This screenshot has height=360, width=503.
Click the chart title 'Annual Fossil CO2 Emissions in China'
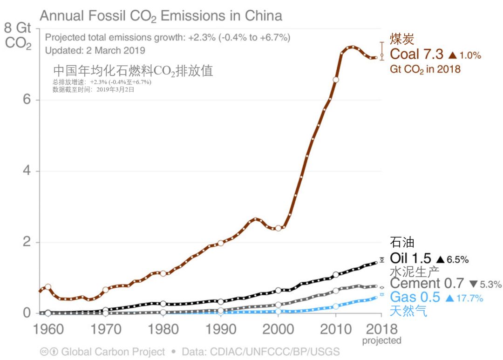tap(161, 16)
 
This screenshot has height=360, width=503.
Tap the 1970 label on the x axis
tap(105, 329)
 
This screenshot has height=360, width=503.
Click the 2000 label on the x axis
tap(278, 329)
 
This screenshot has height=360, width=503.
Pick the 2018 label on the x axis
tap(381, 329)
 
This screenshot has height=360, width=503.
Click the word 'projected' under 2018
tap(381, 341)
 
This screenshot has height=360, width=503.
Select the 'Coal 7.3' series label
tap(416, 54)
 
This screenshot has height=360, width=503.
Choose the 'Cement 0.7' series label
tap(427, 283)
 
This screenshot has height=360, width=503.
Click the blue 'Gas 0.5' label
tap(415, 297)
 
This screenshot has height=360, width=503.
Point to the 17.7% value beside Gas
tap(469, 298)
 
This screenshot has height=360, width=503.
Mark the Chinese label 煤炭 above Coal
tap(402, 39)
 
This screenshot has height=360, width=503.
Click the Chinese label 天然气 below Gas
tap(408, 311)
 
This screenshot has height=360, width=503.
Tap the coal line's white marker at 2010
tap(336, 80)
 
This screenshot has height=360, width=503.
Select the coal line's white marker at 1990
tap(221, 243)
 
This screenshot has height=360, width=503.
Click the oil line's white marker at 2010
tap(336, 275)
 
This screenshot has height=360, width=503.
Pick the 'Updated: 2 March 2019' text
tap(95, 50)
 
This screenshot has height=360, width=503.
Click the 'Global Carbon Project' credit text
tap(113, 352)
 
